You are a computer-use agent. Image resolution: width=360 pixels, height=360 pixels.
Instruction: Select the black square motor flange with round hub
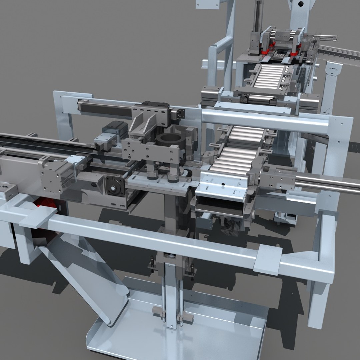pyautogui.click(x=114, y=188)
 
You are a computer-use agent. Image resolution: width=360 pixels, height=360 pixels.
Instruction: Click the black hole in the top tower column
pyautogui.click(x=301, y=4)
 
